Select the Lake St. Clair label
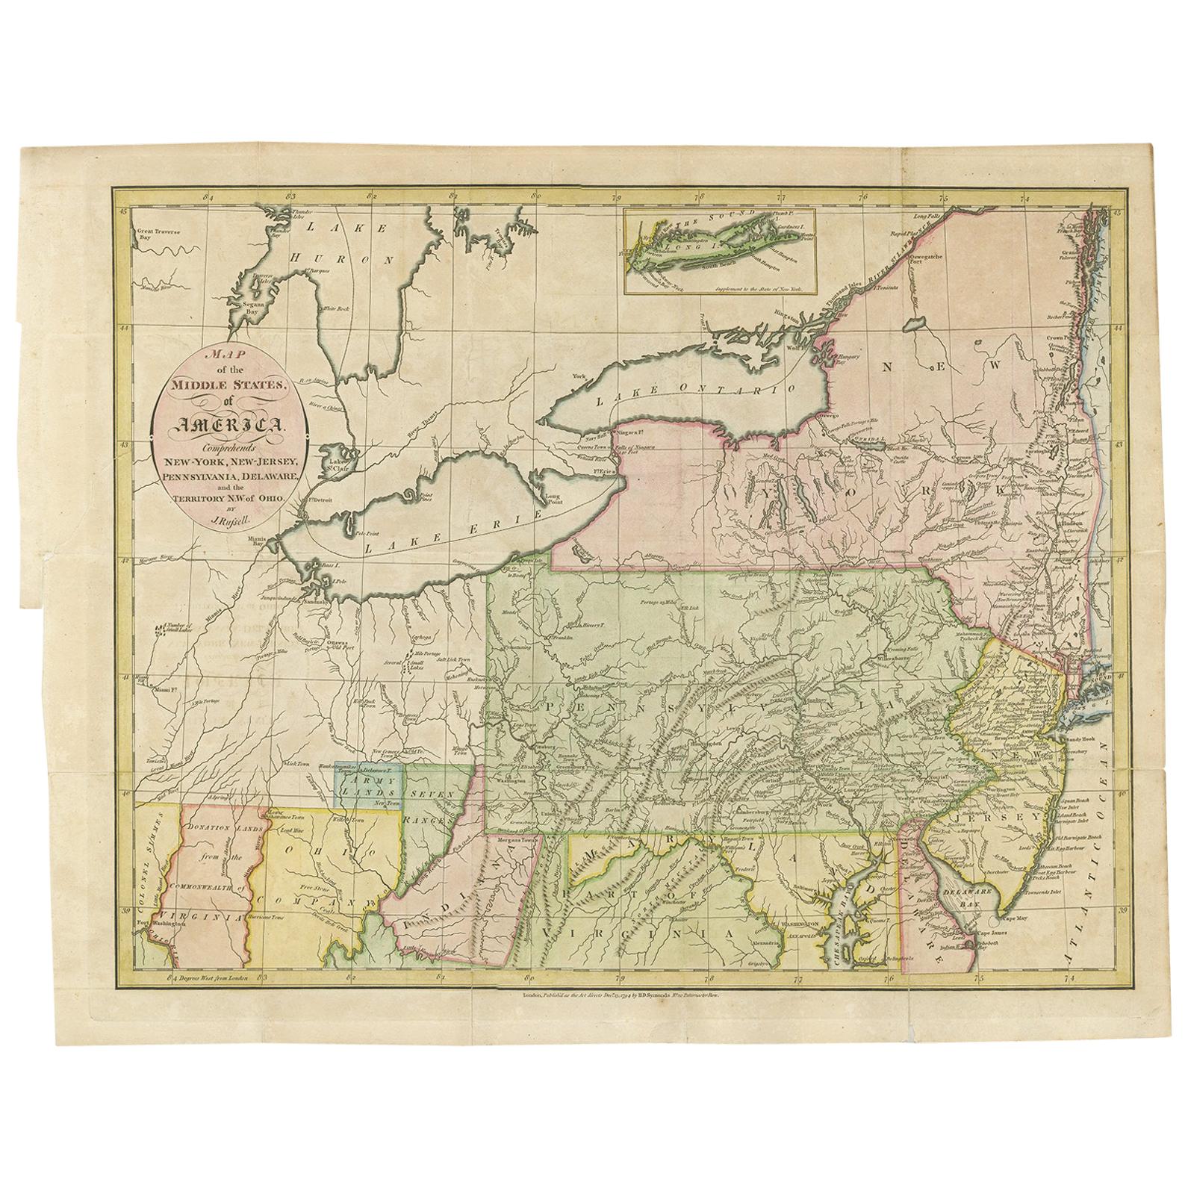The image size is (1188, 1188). coord(337,464)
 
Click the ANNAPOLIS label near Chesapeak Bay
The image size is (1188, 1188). coord(798,932)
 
